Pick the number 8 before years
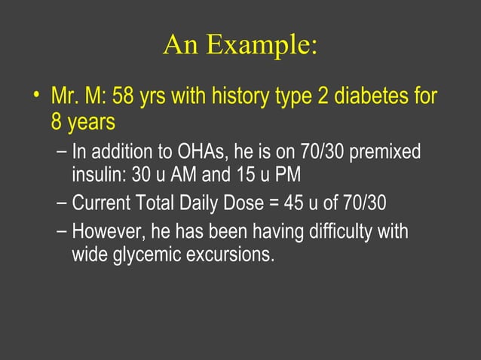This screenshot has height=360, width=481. click(x=58, y=121)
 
